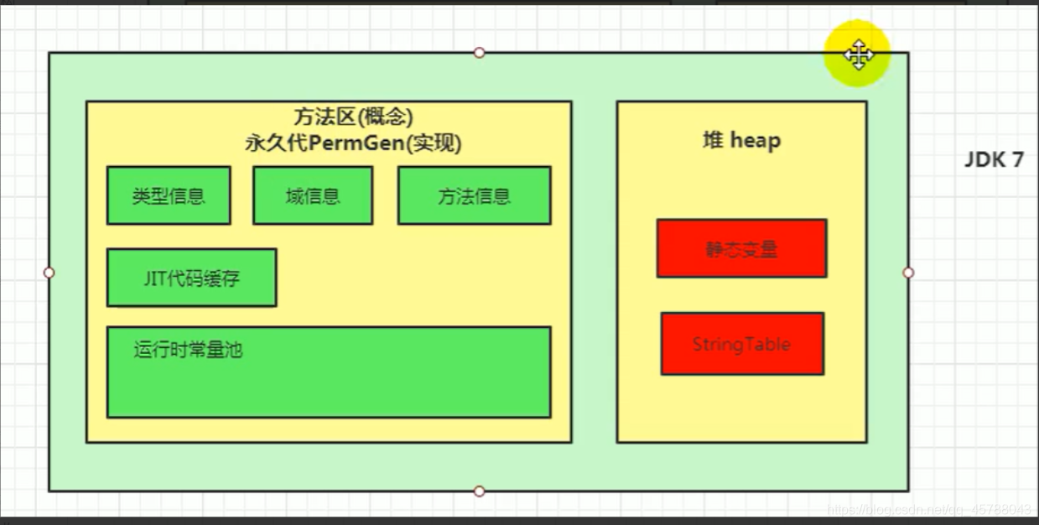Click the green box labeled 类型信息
[169, 195]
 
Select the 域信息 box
[312, 195]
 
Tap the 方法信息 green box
[474, 195]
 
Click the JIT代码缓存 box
[191, 278]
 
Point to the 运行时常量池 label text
[188, 350]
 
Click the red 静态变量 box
[741, 248]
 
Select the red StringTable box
[741, 344]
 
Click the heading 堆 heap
[741, 140]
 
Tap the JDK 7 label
[994, 159]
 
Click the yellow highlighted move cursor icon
[858, 55]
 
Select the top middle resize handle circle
[479, 52]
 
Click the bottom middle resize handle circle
[479, 491]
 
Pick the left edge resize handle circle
[49, 273]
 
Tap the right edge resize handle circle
[908, 273]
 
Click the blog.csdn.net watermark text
[929, 509]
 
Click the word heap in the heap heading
[755, 140]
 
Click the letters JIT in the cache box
[156, 278]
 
